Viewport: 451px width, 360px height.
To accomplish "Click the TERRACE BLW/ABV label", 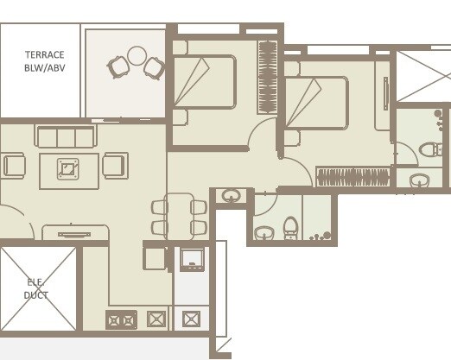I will pyautogui.click(x=43, y=61).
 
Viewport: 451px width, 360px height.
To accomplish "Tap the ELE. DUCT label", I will pyautogui.click(x=35, y=287).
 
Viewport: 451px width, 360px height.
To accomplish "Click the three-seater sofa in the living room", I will pyautogui.click(x=65, y=136).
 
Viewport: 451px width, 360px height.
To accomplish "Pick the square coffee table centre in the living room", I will pyautogui.click(x=69, y=167).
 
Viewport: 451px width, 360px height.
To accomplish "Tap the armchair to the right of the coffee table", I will pyautogui.click(x=115, y=165).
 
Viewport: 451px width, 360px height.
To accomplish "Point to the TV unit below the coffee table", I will pyautogui.click(x=74, y=232).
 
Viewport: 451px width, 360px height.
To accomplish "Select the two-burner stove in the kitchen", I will pyautogui.click(x=121, y=320).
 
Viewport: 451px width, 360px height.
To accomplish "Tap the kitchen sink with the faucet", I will pyautogui.click(x=191, y=257).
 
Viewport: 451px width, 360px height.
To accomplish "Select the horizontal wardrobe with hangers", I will pyautogui.click(x=353, y=177).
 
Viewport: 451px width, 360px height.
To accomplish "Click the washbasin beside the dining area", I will pyautogui.click(x=231, y=196).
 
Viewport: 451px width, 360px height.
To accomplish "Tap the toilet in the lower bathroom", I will pyautogui.click(x=290, y=228).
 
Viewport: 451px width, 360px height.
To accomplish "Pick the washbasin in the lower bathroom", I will pyautogui.click(x=264, y=232).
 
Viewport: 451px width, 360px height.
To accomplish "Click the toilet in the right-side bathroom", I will pyautogui.click(x=429, y=150).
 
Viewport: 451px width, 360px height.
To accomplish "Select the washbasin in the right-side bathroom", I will pyautogui.click(x=420, y=180).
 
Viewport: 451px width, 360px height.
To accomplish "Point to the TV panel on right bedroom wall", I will pyautogui.click(x=386, y=92).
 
